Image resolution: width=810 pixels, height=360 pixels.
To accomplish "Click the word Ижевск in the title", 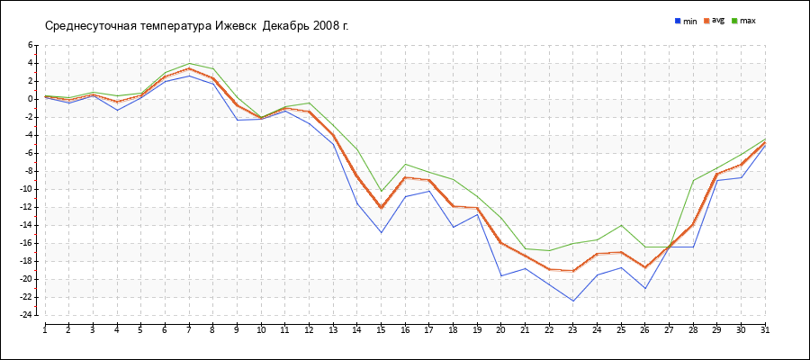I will tap(237, 25).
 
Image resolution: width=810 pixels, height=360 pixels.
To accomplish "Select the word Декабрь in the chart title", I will tap(286, 25).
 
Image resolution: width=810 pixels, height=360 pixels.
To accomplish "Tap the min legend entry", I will tap(686, 20).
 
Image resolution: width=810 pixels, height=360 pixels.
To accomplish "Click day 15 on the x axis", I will tap(381, 329).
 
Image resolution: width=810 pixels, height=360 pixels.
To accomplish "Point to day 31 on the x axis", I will tap(765, 329).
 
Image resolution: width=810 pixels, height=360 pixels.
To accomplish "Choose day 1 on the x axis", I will tap(45, 329).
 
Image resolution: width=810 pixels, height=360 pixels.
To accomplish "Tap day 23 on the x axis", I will tap(573, 329).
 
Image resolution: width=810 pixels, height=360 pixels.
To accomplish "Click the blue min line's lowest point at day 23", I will tap(573, 301).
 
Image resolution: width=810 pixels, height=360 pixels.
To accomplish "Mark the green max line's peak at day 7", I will tap(189, 63).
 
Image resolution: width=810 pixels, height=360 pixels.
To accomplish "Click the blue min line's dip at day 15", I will tap(381, 232).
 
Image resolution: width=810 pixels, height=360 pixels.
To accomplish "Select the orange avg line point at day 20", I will tap(501, 243).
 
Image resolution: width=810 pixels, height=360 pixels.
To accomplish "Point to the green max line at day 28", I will tap(693, 180).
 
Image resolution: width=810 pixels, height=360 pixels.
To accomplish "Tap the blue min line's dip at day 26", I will tap(645, 288).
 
